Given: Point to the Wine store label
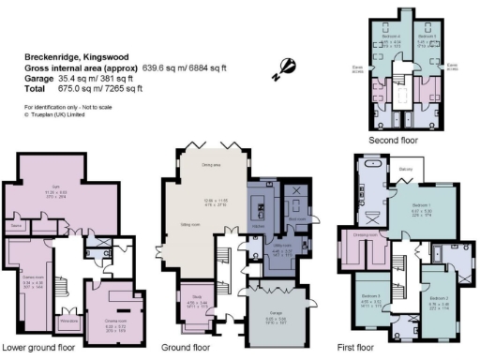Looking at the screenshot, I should [67, 321].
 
